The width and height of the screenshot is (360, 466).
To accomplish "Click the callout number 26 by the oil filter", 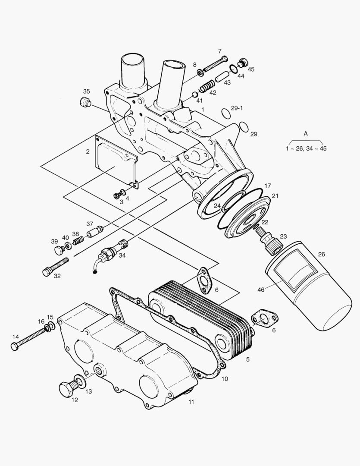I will pyautogui.click(x=322, y=254).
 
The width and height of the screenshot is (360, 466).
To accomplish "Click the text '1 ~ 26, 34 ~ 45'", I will pyautogui.click(x=307, y=148).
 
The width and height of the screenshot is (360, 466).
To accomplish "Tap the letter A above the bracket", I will pyautogui.click(x=306, y=134).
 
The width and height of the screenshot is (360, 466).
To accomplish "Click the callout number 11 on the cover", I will pyautogui.click(x=191, y=402).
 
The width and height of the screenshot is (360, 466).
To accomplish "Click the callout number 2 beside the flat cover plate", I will pyautogui.click(x=88, y=151).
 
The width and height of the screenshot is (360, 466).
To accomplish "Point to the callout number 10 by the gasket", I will pyautogui.click(x=225, y=379).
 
